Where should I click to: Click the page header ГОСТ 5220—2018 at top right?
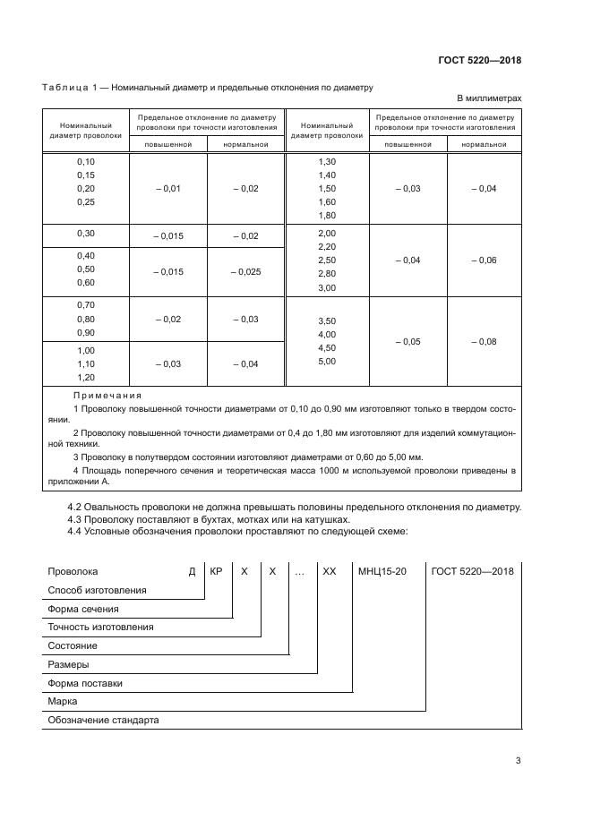tap(479, 61)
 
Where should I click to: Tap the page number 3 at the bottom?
tap(518, 761)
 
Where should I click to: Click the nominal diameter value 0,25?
tap(86, 202)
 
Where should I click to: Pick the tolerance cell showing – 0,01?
tap(168, 189)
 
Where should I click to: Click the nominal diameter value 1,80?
tap(326, 216)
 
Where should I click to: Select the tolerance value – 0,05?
tap(408, 341)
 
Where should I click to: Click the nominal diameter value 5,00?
tap(326, 361)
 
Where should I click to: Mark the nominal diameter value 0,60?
tap(86, 283)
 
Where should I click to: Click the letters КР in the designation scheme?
tap(216, 570)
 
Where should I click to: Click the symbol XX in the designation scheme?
tap(329, 570)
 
